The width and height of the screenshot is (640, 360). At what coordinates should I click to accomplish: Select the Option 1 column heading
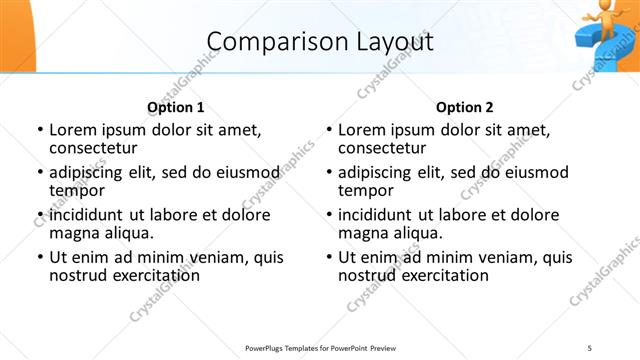176,107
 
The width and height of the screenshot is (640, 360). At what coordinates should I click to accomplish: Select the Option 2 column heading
465,107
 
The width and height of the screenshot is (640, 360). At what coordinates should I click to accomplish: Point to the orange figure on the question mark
600,17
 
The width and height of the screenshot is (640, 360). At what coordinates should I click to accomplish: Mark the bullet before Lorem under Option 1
40,130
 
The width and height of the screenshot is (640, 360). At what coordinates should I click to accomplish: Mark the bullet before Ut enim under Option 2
329,258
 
